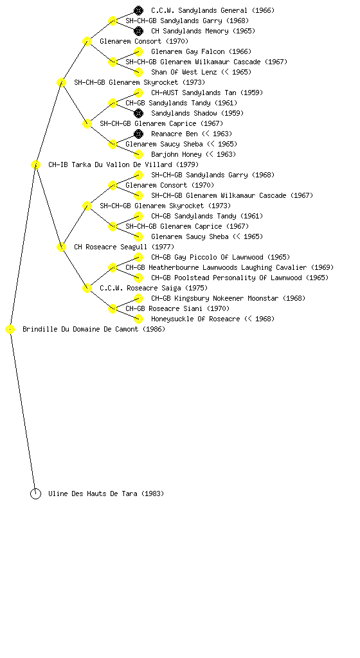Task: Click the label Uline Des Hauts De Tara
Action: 106,493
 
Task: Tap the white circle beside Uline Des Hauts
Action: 35,494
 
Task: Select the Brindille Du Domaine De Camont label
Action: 94,329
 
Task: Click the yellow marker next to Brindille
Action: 10,330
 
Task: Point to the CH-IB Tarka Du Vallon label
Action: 123,164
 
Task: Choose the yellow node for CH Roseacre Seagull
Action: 61,247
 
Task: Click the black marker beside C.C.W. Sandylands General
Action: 138,10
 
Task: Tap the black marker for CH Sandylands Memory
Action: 138,31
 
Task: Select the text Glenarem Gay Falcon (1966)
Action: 201,51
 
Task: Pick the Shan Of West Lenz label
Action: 201,72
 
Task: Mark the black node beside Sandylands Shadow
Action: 138,113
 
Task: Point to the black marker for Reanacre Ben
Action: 138,134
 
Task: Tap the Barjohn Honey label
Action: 194,154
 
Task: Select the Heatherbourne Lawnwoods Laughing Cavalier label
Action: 230,267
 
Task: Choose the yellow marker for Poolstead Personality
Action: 138,278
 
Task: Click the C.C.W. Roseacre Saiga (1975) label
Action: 154,288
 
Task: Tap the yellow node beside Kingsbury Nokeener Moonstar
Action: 138,298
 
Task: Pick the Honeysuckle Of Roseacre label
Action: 213,319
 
